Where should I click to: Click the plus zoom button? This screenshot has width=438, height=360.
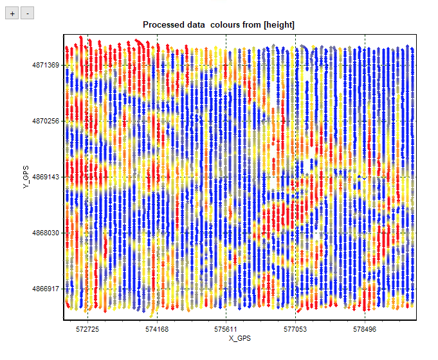12,13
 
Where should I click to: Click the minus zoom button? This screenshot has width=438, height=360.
26,13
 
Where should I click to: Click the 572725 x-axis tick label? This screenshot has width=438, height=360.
87,328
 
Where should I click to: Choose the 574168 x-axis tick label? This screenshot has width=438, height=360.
157,328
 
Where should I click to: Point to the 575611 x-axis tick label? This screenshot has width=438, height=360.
226,328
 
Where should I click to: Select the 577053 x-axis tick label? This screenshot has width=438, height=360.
296,328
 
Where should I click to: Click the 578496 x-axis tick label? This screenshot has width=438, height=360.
365,328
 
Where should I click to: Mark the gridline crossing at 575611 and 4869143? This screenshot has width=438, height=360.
226,177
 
